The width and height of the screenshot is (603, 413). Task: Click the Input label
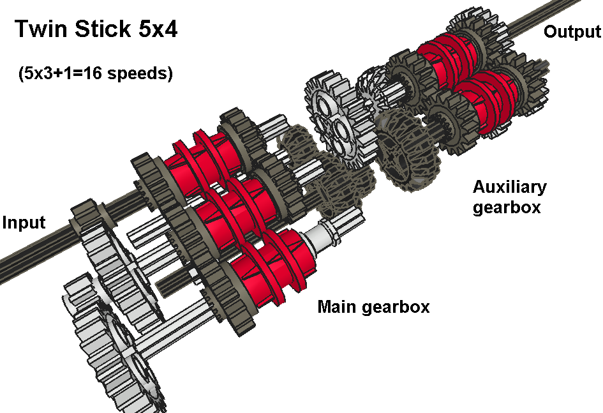click(24, 223)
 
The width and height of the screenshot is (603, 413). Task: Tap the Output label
click(572, 32)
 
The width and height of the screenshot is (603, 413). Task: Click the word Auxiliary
click(509, 187)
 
